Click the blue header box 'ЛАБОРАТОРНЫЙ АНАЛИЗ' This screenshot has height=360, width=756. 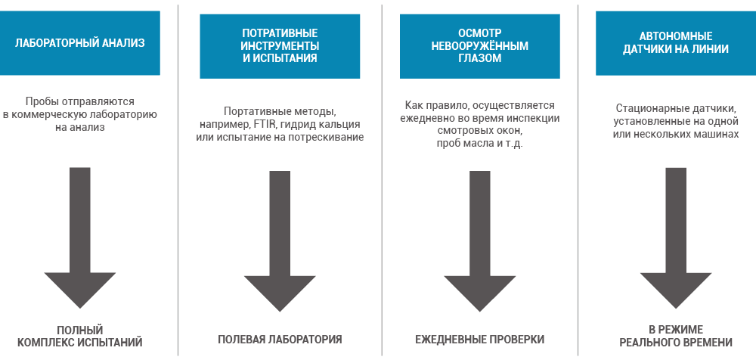[x=79, y=43]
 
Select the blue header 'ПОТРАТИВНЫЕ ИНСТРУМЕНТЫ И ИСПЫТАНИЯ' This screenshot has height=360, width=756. [x=280, y=46]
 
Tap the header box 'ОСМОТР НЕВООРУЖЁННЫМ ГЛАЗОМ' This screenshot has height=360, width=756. [x=480, y=46]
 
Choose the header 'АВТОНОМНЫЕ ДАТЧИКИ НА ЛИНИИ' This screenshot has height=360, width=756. [x=675, y=43]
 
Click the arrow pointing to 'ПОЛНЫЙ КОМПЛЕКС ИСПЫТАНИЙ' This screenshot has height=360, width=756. [x=80, y=237]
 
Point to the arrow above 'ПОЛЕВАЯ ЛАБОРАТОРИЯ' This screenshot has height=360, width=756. [x=280, y=241]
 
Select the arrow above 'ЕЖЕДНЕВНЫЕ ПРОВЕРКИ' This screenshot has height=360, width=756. [x=480, y=241]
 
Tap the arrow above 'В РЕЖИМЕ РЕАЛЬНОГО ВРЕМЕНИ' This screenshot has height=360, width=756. [x=675, y=238]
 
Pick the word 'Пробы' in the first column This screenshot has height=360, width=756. [x=39, y=102]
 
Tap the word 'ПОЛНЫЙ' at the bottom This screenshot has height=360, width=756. [x=80, y=330]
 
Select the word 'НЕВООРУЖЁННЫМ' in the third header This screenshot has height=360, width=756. [x=480, y=46]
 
